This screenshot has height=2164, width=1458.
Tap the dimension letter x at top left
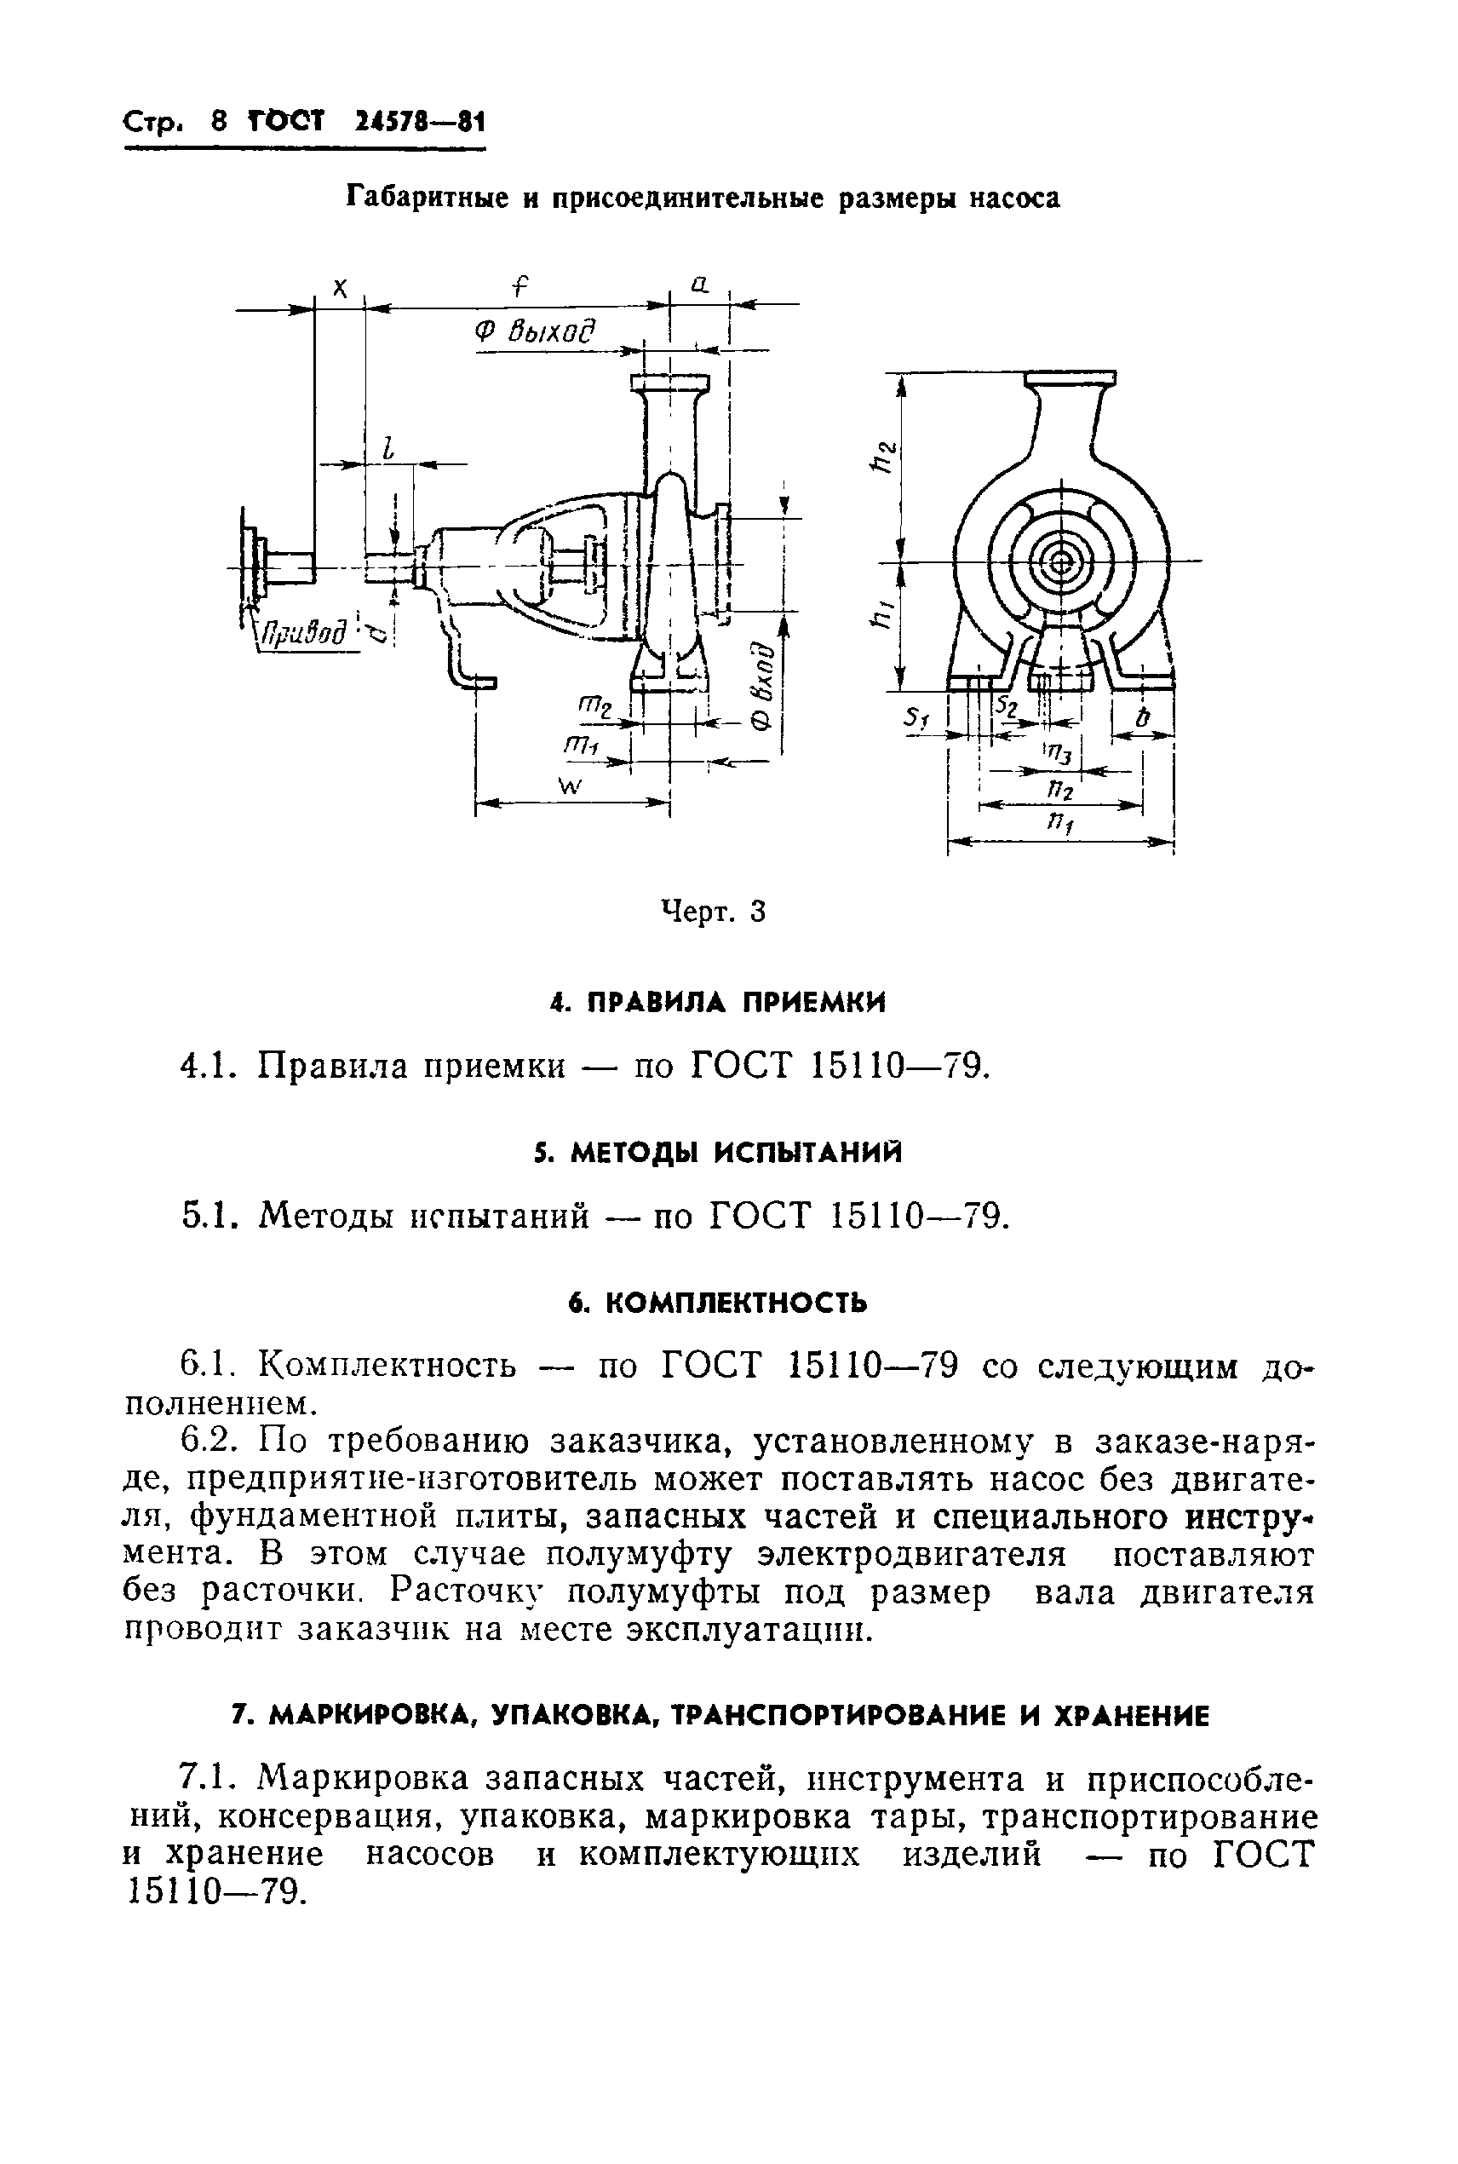point(341,289)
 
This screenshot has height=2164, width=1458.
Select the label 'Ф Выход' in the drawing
point(534,332)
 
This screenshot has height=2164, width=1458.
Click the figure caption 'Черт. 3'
point(713,912)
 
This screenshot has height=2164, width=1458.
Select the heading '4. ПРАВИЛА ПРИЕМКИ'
point(717,1003)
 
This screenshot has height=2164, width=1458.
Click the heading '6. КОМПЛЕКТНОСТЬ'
point(717,1303)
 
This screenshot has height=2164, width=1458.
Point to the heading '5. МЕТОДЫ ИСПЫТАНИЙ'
point(717,1154)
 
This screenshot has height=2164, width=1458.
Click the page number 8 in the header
point(220,122)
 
